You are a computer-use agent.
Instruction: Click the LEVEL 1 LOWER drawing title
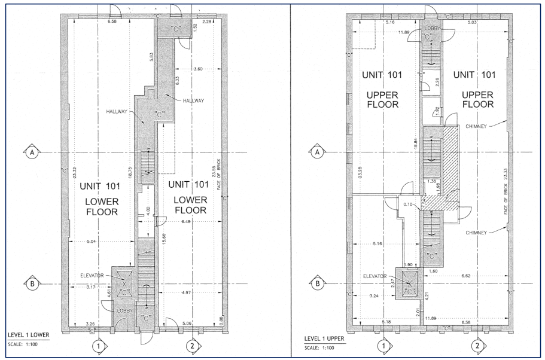29,335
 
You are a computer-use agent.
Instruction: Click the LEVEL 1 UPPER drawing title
324,338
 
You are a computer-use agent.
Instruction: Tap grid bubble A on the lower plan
32,152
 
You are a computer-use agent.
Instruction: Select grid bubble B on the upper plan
317,283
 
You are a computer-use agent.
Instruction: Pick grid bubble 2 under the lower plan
192,346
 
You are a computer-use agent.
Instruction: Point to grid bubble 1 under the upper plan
383,346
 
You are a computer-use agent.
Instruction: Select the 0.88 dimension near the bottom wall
221,320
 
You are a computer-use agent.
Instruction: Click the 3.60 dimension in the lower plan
197,69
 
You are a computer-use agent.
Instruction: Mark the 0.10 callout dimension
408,205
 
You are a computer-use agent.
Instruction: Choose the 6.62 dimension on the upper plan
466,276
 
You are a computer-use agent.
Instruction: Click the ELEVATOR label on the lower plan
92,276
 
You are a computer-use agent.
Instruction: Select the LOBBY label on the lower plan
124,310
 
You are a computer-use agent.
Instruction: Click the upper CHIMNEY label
476,127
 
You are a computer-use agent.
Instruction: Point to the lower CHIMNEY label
476,233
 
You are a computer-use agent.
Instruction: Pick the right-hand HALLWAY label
194,101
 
